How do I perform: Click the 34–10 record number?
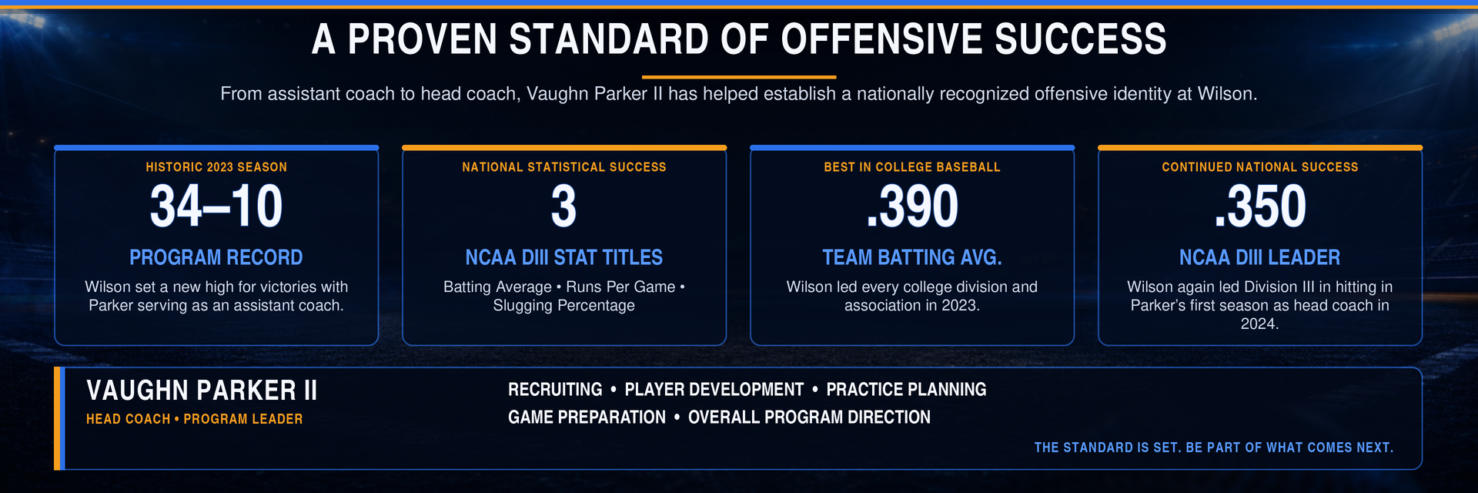(x=216, y=206)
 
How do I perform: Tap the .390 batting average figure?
(x=912, y=206)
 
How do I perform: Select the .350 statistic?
(x=1260, y=206)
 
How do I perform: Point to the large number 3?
(x=563, y=206)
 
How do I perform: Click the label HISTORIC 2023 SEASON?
(x=216, y=167)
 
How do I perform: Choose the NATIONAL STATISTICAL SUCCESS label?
(x=564, y=167)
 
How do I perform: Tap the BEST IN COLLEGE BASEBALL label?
(x=912, y=167)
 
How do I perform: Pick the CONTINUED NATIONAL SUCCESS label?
(x=1260, y=167)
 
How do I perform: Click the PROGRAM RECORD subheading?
(x=216, y=257)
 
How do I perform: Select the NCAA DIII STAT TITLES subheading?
(x=564, y=257)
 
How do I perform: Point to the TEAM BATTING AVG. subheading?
(x=912, y=257)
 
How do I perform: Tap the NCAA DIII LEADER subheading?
(x=1260, y=257)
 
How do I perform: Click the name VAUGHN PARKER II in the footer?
(x=202, y=391)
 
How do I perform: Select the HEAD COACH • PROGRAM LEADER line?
(x=195, y=419)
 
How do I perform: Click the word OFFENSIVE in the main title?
(x=880, y=39)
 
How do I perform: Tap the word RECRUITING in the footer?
(x=555, y=390)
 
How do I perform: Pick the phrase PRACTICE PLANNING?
(x=906, y=390)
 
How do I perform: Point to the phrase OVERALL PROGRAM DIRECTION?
(x=809, y=418)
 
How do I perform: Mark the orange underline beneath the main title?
(x=739, y=77)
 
